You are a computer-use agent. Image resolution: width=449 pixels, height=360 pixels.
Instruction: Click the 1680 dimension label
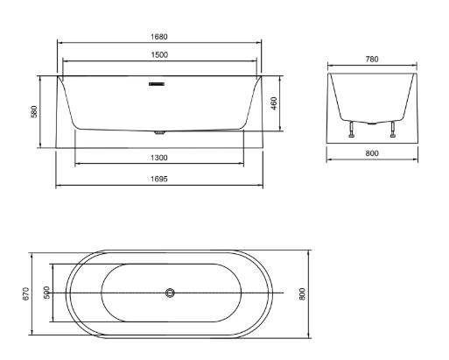[158, 37]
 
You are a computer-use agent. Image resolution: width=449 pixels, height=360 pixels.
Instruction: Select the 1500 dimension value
[158, 54]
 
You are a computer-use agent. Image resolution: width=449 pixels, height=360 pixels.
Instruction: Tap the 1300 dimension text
[158, 158]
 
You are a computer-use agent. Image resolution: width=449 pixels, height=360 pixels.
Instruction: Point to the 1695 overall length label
[158, 179]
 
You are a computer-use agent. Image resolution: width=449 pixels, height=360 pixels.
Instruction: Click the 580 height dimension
[35, 112]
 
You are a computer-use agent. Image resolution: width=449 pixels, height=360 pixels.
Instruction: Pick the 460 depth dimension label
[275, 103]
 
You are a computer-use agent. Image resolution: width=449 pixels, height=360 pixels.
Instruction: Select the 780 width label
[371, 60]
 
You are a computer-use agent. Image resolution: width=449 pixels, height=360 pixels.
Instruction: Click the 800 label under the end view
[371, 153]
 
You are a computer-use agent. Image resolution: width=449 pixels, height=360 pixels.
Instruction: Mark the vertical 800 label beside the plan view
[303, 293]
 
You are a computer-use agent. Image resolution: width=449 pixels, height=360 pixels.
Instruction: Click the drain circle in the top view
[171, 293]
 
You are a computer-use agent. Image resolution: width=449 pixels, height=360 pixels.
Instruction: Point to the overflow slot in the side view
[158, 84]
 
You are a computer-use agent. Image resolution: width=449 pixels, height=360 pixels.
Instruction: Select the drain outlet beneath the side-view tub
[158, 132]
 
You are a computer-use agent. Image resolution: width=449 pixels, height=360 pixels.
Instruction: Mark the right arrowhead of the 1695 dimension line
[261, 185]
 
